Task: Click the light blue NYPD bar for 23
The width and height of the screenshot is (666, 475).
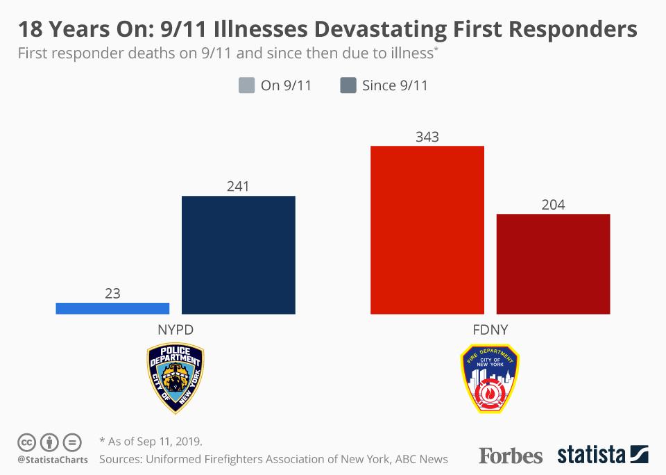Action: coord(112,308)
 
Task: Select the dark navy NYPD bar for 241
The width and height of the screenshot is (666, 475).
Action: coord(238,255)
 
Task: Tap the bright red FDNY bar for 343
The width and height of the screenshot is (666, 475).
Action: coord(427,230)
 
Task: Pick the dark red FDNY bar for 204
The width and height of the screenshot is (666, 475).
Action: coord(553,264)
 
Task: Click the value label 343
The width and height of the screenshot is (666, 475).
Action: coord(427,137)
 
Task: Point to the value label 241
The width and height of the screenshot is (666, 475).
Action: coord(238,186)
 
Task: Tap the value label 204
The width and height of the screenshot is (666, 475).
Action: coord(553,205)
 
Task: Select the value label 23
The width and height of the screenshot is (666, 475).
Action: coord(112,294)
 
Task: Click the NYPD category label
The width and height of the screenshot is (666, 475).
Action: coord(176,330)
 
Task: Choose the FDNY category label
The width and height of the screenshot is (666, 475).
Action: coord(490,330)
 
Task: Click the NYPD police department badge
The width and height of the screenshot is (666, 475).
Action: coord(176,378)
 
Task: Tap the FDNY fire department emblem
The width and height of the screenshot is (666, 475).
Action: coord(490,378)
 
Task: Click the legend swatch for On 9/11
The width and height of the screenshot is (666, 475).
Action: coord(246,85)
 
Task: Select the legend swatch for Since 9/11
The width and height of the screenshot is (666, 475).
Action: coord(348,85)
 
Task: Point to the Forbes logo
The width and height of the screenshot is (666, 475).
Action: coord(510,456)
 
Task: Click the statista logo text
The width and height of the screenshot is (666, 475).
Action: coord(591,456)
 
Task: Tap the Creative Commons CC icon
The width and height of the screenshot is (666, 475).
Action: coord(26,442)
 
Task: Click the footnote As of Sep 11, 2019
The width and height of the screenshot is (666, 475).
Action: coord(151,442)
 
